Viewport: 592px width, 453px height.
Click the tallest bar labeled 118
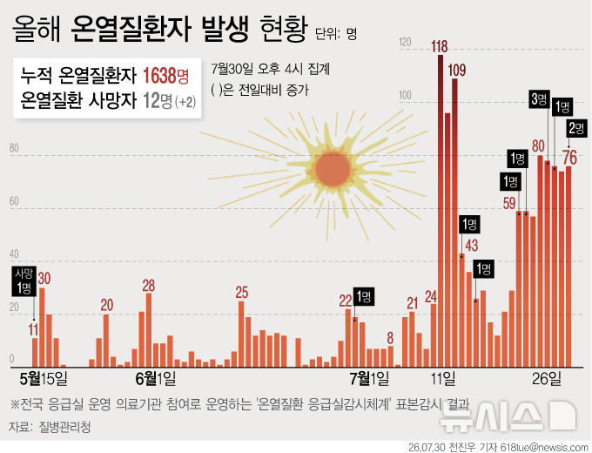(x=441, y=211)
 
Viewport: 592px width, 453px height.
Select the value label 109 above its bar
(x=457, y=70)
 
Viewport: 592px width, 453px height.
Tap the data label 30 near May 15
(x=44, y=279)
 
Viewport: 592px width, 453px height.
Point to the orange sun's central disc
(x=333, y=170)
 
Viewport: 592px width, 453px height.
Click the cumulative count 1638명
(x=165, y=76)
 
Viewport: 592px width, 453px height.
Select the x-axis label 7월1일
(x=369, y=378)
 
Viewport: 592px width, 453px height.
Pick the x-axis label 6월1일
(x=156, y=378)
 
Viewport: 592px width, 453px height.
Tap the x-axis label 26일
(x=547, y=378)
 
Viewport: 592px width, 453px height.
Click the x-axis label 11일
(x=443, y=378)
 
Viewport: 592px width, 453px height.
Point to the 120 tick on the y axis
(x=405, y=42)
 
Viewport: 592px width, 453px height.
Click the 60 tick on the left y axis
(x=14, y=201)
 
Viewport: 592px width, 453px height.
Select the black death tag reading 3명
(x=539, y=99)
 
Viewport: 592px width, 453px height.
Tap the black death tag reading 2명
(x=576, y=128)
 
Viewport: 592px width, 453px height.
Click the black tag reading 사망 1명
(x=24, y=281)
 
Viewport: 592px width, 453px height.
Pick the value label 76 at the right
(x=569, y=158)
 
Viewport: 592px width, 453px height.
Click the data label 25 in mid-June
(x=242, y=293)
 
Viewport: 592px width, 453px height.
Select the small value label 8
(x=390, y=338)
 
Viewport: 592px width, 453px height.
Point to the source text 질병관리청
(x=64, y=428)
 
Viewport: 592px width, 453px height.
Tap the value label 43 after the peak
(x=472, y=246)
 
